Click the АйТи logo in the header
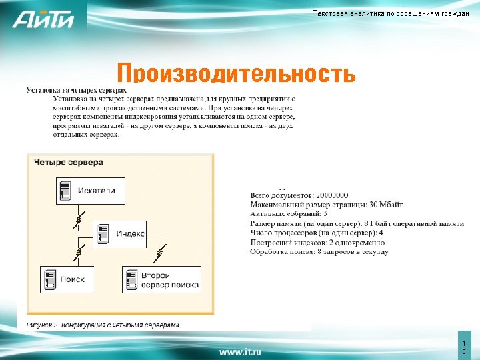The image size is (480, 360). pyautogui.click(x=43, y=20)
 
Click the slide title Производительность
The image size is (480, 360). pyautogui.click(x=236, y=72)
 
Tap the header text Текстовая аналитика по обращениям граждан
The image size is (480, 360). pyautogui.click(x=391, y=14)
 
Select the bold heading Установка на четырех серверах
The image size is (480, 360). pyautogui.click(x=76, y=89)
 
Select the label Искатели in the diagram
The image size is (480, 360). pyautogui.click(x=97, y=191)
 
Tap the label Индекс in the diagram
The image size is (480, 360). pyautogui.click(x=131, y=234)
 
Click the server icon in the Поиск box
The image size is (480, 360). pyautogui.click(x=49, y=279)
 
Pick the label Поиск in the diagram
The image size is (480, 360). pyautogui.click(x=72, y=279)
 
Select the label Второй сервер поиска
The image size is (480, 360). pyautogui.click(x=169, y=280)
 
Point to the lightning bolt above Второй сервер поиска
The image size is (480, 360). pyautogui.click(x=161, y=253)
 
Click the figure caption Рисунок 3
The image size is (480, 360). pyautogui.click(x=103, y=325)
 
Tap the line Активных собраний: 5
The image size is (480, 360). pyautogui.click(x=289, y=214)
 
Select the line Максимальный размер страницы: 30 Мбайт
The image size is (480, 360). pyautogui.click(x=326, y=204)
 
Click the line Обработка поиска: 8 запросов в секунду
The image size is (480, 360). pyautogui.click(x=319, y=252)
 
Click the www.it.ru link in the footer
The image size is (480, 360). pyautogui.click(x=240, y=351)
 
